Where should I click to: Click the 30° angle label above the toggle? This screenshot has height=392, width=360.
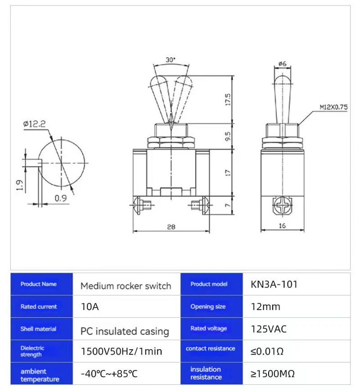pyautogui.click(x=171, y=59)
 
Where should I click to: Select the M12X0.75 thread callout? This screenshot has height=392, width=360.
pyautogui.click(x=333, y=107)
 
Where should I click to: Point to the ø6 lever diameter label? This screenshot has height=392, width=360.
pyautogui.click(x=282, y=64)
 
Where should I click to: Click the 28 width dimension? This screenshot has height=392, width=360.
pyautogui.click(x=171, y=227)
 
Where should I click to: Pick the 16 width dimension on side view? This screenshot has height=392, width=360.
pyautogui.click(x=282, y=226)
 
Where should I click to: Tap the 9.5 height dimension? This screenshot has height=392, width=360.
pyautogui.click(x=228, y=136)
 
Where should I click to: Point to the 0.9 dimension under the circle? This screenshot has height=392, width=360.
pyautogui.click(x=59, y=197)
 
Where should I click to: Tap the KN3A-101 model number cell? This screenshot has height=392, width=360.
pyautogui.click(x=274, y=284)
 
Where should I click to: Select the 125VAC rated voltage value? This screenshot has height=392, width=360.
pyautogui.click(x=268, y=329)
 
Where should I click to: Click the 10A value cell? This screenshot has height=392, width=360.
pyautogui.click(x=90, y=307)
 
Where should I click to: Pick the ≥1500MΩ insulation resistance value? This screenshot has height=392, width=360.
pyautogui.click(x=272, y=374)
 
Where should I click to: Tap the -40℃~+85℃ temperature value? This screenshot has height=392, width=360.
pyautogui.click(x=109, y=374)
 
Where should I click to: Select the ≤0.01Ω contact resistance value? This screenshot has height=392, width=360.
pyautogui.click(x=266, y=351)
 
